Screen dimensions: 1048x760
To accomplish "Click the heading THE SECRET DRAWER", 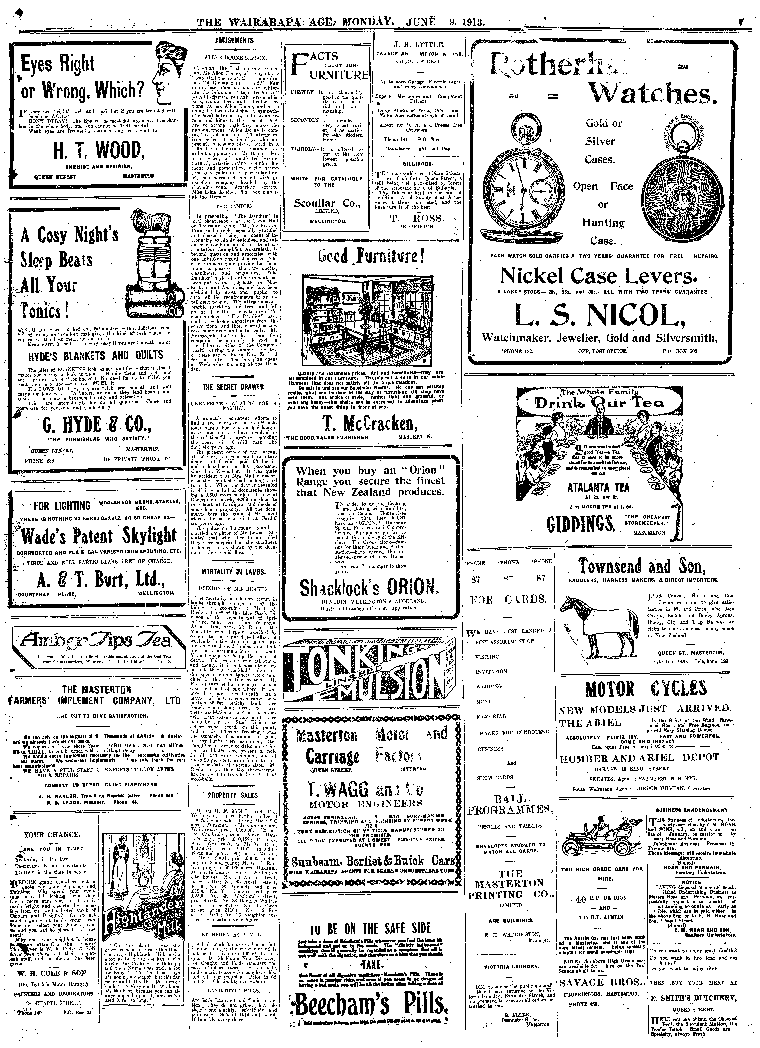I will point(233,386).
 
